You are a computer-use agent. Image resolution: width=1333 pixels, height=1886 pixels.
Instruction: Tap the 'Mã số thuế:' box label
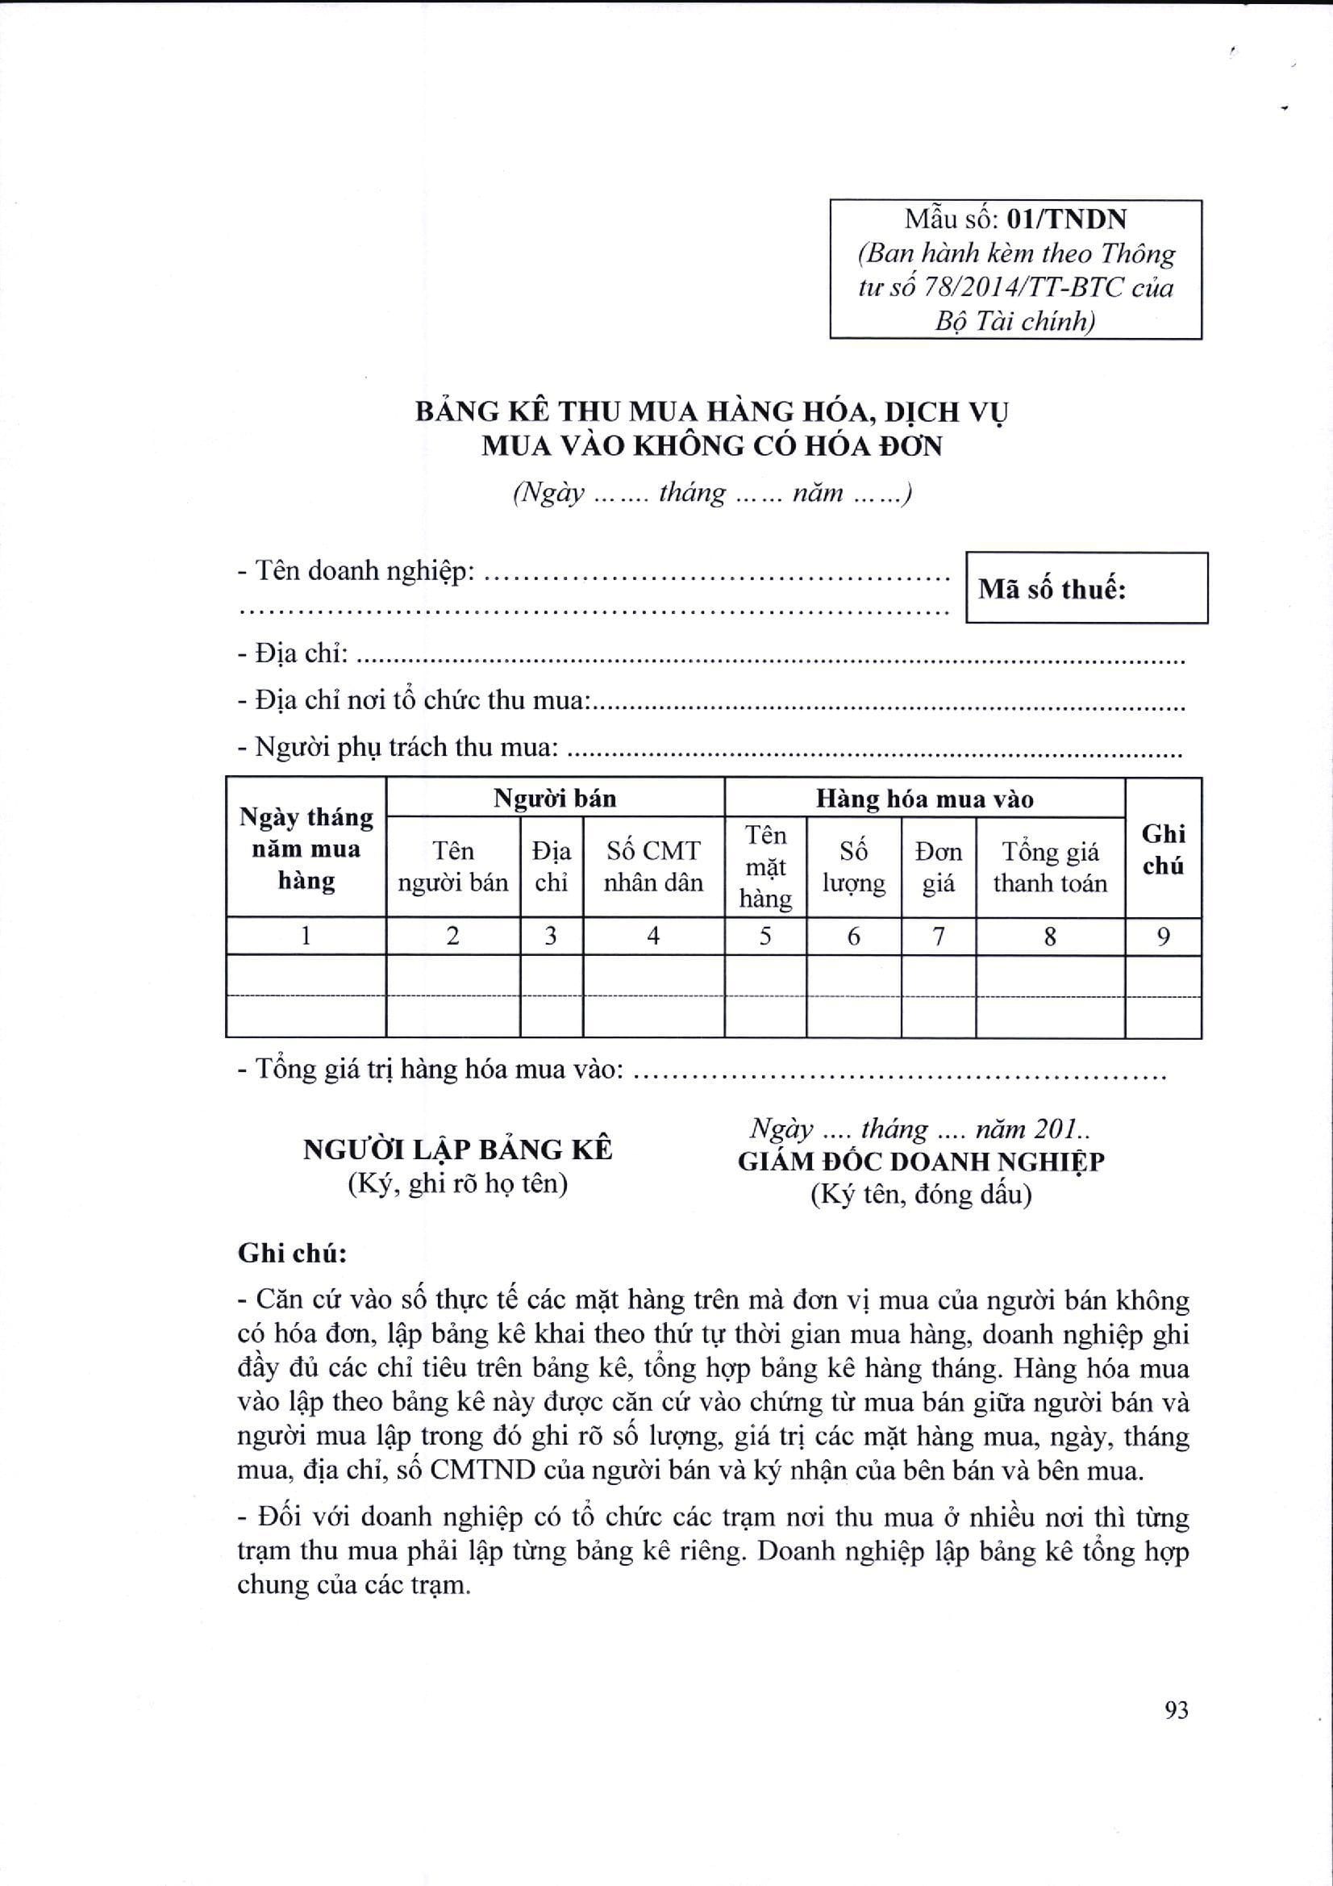coord(1052,589)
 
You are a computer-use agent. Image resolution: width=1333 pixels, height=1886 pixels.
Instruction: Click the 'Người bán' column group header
coord(554,799)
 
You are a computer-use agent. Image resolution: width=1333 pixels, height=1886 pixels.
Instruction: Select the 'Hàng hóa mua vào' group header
coord(924,799)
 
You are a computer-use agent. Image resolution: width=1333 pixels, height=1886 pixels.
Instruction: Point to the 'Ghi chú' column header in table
coord(1163,849)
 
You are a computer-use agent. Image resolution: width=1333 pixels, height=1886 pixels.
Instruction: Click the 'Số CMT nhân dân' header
coord(653,866)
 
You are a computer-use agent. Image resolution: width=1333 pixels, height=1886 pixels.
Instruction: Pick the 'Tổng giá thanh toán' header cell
coord(1050,867)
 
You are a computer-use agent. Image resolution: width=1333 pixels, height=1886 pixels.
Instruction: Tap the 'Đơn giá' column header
coord(938,867)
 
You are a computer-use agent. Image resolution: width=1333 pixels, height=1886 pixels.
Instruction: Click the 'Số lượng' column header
coord(853,867)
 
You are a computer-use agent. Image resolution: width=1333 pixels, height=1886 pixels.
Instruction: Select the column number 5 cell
coord(764,936)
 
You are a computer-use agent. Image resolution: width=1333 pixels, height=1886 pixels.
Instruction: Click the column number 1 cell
coord(306,936)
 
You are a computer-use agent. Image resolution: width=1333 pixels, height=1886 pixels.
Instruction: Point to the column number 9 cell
coord(1163,936)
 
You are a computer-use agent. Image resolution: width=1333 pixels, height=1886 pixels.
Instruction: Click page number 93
coord(1176,1710)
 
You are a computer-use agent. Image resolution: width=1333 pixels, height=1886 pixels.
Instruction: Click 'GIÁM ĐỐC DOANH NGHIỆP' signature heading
coord(921,1162)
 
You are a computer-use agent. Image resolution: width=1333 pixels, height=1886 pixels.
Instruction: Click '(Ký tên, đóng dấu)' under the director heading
coord(921,1195)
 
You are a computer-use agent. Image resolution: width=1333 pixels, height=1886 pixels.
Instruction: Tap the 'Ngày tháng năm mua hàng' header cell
coord(306,849)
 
